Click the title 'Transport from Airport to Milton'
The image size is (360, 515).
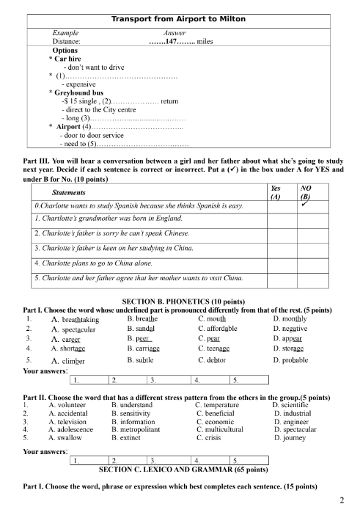click(177, 18)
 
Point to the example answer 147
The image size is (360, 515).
click(172, 42)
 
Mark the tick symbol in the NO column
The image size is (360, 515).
click(306, 200)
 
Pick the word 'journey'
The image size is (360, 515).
click(291, 439)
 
